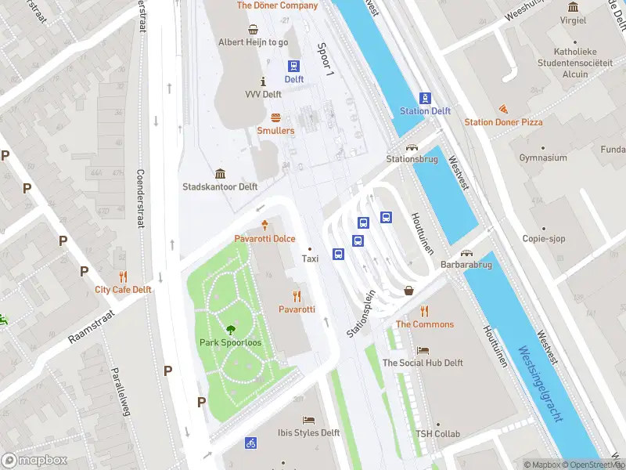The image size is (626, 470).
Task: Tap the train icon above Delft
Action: [293, 67]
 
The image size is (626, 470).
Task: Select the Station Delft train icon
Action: [425, 98]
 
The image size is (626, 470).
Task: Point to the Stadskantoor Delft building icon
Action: [220, 174]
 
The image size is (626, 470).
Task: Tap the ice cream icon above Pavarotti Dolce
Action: [264, 225]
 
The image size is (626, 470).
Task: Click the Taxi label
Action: [310, 258]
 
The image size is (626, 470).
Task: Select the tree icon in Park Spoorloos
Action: [230, 330]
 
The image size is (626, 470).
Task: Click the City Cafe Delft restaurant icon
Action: [123, 277]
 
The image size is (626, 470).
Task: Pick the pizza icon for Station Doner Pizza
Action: [502, 109]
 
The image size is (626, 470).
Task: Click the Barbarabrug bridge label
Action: [466, 265]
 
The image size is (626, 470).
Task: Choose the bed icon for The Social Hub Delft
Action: [423, 350]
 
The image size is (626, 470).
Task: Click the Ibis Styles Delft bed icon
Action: [308, 420]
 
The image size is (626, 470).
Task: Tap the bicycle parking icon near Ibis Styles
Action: [250, 443]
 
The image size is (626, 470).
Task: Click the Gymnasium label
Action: [542, 158]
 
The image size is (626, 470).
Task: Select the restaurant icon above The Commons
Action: [424, 311]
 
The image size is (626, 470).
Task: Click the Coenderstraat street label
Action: [141, 199]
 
